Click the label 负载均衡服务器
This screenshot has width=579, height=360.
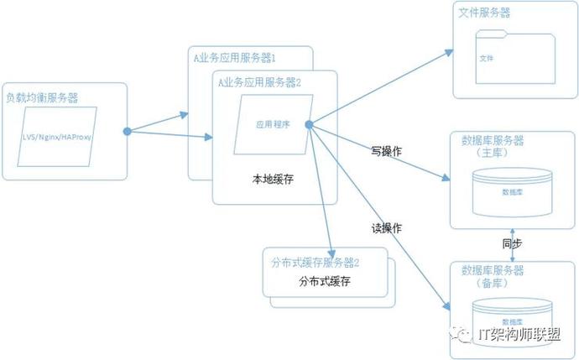pos(41,97)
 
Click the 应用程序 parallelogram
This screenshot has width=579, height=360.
pos(273,123)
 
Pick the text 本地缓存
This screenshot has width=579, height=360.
pos(274,179)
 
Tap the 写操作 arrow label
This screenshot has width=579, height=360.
pos(386,151)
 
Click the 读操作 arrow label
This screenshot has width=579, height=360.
pos(386,227)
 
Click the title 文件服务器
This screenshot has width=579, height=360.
pos(484,14)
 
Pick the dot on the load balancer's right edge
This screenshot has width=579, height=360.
pos(128,131)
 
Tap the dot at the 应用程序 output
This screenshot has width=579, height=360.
pos(309,125)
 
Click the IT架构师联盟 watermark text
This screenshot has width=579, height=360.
pos(520,333)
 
